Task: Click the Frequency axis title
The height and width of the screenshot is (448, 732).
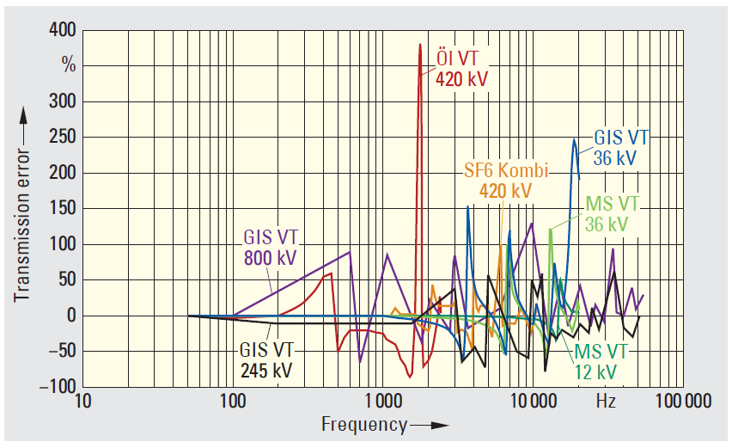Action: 364,424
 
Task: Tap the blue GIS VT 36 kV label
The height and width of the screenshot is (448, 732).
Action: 621,148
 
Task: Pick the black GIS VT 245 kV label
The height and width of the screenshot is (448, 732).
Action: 265,360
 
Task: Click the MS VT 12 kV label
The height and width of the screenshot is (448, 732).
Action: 600,362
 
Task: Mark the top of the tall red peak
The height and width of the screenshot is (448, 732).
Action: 420,44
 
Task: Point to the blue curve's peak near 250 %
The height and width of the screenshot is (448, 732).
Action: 574,139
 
